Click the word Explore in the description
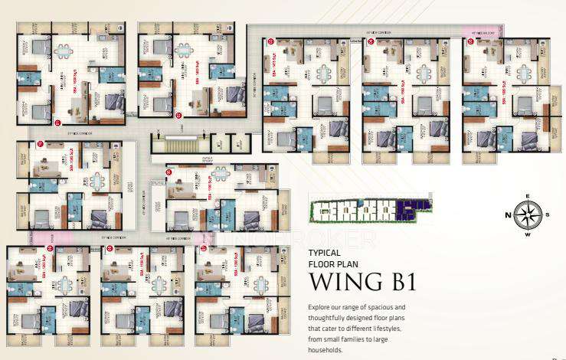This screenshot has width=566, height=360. point(320,307)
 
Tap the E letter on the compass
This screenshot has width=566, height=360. point(527,196)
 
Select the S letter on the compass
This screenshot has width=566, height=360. point(547,214)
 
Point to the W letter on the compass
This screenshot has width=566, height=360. point(527,234)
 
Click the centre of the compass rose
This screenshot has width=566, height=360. point(527,214)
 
